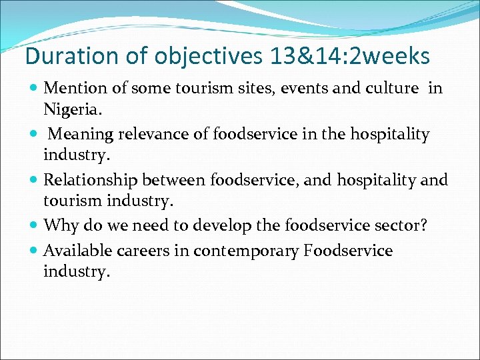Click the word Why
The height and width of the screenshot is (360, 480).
point(59,225)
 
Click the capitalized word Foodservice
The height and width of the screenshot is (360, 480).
point(348,251)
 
